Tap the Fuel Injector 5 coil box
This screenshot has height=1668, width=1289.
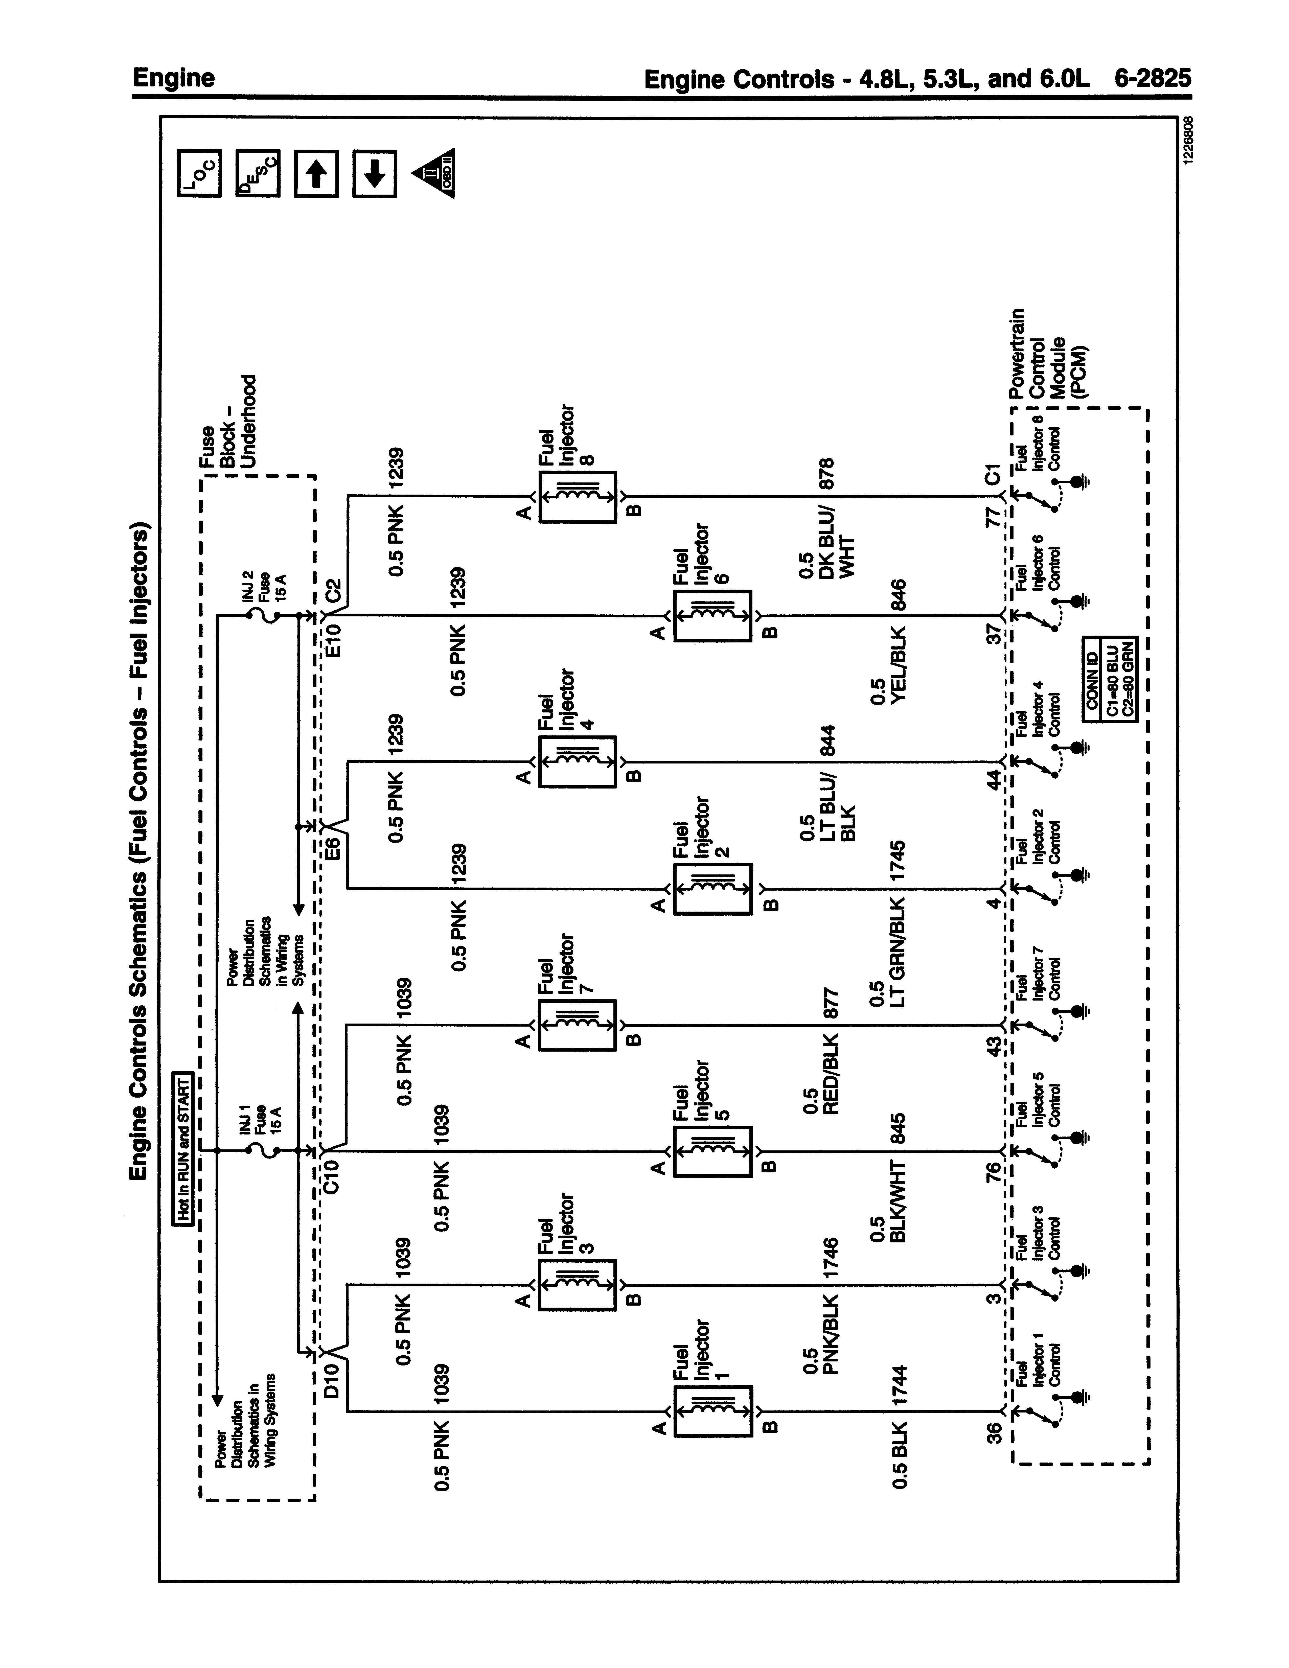[712, 1151]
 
